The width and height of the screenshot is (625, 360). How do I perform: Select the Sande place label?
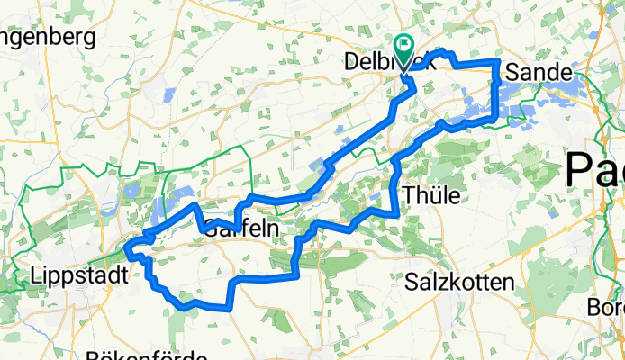point(539,71)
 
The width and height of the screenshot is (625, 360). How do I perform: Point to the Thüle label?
point(433,195)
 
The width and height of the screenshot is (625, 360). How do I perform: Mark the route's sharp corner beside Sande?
point(498,61)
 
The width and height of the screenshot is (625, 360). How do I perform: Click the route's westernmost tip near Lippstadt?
point(128,249)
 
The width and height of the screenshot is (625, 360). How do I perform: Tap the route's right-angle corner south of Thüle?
point(397,213)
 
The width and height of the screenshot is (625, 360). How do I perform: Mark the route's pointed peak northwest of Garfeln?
point(195,206)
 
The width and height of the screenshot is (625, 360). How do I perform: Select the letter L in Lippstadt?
point(36,274)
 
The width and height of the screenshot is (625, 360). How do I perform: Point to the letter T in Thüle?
point(411,195)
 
